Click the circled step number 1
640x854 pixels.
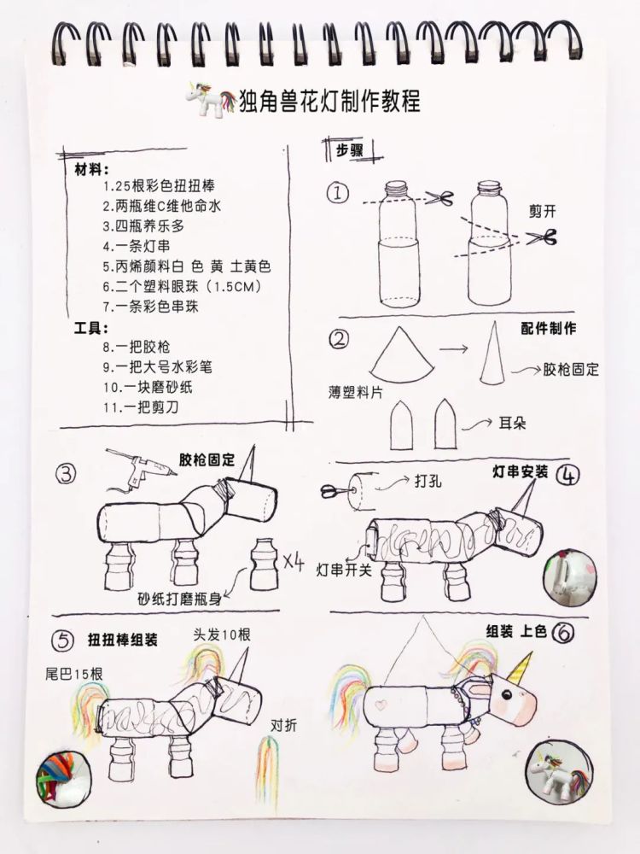click(338, 193)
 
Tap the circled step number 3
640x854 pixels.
click(66, 474)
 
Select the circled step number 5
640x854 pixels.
click(62, 640)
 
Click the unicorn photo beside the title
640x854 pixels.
click(208, 99)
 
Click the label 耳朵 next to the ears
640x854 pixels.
click(512, 424)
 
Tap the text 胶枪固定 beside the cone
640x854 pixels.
click(571, 370)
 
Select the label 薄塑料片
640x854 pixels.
click(355, 392)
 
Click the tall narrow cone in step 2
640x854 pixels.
click(492, 354)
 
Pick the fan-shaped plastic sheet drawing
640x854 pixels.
click(402, 355)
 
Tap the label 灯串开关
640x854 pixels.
click(344, 570)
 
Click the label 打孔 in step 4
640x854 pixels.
click(428, 481)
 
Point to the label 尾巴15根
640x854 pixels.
click(73, 674)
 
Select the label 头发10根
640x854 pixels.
click(222, 635)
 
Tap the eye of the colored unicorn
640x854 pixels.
click(507, 694)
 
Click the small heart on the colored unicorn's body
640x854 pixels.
click(381, 704)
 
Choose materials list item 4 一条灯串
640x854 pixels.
click(137, 246)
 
